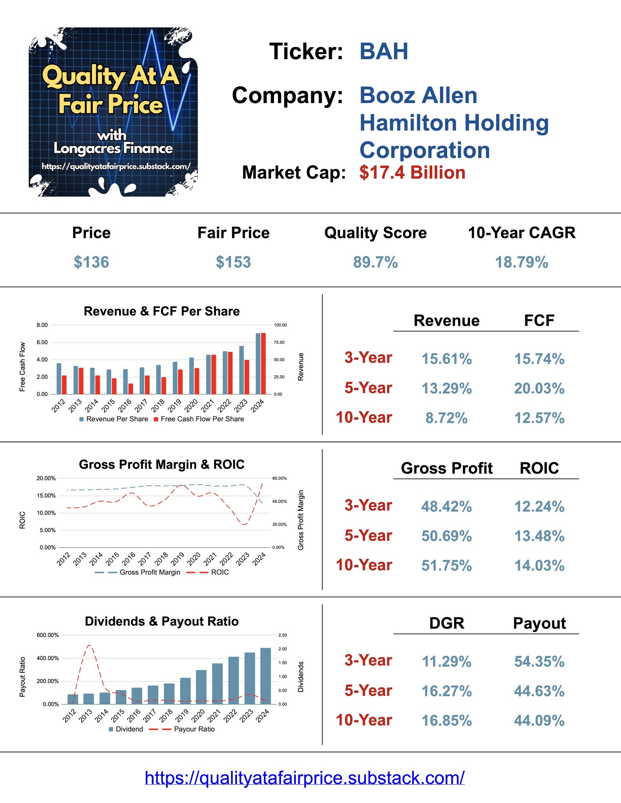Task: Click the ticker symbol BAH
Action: tap(384, 51)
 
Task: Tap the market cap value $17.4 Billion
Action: tap(412, 173)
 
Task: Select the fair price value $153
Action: tap(233, 262)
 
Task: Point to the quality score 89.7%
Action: tap(375, 262)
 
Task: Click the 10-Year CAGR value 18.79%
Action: tap(521, 262)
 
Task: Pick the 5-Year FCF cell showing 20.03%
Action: tap(539, 389)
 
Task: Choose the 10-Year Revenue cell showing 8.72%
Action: tap(446, 418)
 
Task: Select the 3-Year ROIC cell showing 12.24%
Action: tap(539, 507)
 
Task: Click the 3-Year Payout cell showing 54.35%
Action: tap(539, 661)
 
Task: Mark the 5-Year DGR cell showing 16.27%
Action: tap(446, 691)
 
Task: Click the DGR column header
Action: tap(446, 623)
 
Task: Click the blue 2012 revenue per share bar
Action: tap(59, 378)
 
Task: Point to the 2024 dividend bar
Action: tap(265, 676)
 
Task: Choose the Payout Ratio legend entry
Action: tap(194, 729)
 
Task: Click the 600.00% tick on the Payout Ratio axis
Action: tap(47, 635)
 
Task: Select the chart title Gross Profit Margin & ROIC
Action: tap(161, 464)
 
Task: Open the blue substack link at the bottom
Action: tap(305, 778)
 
